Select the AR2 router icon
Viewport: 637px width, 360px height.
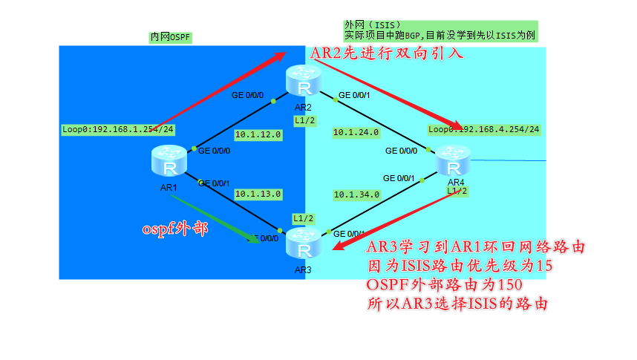pos(303,82)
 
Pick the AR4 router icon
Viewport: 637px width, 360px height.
pos(452,162)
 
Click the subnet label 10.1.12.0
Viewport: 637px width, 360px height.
pos(258,134)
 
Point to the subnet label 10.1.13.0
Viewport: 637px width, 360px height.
pos(258,194)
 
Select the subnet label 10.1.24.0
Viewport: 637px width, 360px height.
pos(356,132)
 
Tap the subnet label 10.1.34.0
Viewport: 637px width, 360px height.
pos(356,194)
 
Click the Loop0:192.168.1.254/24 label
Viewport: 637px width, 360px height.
pos(118,129)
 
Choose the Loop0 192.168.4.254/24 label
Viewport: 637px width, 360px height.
pos(483,129)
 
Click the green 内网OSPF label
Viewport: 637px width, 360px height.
pos(170,36)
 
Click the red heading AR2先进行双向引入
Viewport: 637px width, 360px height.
pos(386,53)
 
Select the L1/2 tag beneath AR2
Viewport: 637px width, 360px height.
pos(304,121)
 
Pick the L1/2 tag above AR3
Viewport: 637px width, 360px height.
pos(303,218)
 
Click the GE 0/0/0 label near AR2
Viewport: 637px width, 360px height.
pos(247,94)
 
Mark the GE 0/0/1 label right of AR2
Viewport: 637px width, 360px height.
pos(355,96)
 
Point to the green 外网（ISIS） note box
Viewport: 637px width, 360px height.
pos(440,30)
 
